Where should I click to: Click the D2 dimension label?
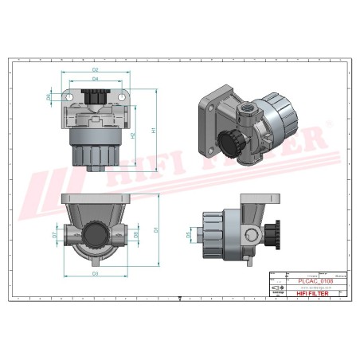pyautogui.click(x=95, y=70)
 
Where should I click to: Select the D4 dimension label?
pyautogui.click(x=95, y=79)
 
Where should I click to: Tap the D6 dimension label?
pyautogui.click(x=49, y=97)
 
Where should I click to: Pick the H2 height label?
pyautogui.click(x=133, y=135)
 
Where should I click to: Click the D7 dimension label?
pyautogui.click(x=54, y=236)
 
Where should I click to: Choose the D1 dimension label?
pyautogui.click(x=156, y=229)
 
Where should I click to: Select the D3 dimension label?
pyautogui.click(x=95, y=273)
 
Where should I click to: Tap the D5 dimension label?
pyautogui.click(x=190, y=235)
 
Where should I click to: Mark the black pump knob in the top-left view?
pyautogui.click(x=95, y=99)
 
